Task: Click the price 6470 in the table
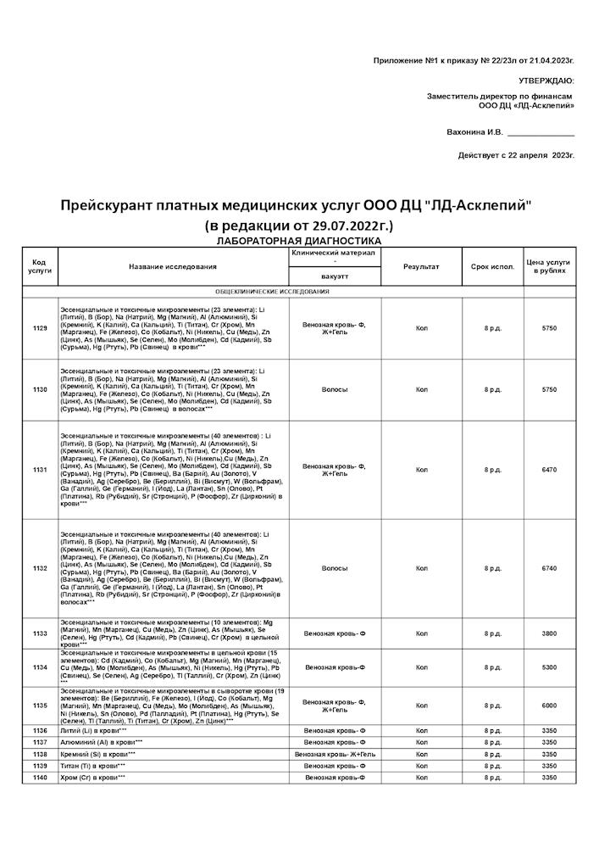[x=549, y=469]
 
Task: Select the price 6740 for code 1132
[x=549, y=568]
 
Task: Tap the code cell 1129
[x=40, y=327]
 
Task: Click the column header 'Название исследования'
[x=173, y=267]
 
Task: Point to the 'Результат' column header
[x=421, y=267]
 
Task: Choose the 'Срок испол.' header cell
[x=493, y=267]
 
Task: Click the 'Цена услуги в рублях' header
[x=549, y=267]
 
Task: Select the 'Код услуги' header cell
[x=40, y=267]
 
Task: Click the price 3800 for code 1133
[x=549, y=633]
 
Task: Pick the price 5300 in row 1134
[x=549, y=667]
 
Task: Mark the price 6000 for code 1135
[x=549, y=706]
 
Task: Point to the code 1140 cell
[x=40, y=778]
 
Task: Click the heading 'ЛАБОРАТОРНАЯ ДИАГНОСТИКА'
[x=299, y=241]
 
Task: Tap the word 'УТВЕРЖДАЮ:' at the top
[x=548, y=81]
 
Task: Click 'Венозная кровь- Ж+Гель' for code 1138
[x=334, y=754]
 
